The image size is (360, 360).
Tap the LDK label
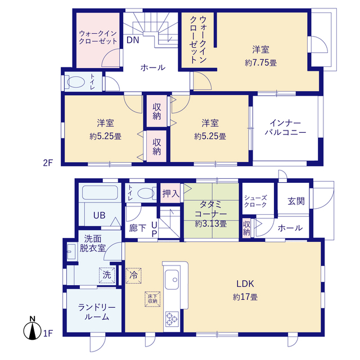tap(245, 283)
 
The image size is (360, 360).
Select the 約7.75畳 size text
tap(260, 62)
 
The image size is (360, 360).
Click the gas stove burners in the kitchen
tap(172, 319)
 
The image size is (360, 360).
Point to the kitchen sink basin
tap(172, 280)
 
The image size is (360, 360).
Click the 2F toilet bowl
tap(76, 82)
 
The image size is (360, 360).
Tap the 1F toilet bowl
tap(146, 193)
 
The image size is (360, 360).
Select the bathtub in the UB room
tap(100, 192)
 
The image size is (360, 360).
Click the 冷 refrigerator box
tap(133, 275)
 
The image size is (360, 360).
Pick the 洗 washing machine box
tap(107, 275)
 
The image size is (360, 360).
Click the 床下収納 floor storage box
tap(152, 299)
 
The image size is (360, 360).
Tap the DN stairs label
tap(133, 40)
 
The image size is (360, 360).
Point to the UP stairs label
tap(154, 229)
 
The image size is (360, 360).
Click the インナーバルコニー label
tap(285, 128)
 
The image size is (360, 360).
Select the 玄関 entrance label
tap(296, 201)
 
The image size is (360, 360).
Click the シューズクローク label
tap(255, 201)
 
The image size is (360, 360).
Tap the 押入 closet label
tap(170, 193)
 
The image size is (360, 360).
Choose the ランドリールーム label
tap(97, 312)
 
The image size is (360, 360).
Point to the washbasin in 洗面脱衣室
tap(71, 251)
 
